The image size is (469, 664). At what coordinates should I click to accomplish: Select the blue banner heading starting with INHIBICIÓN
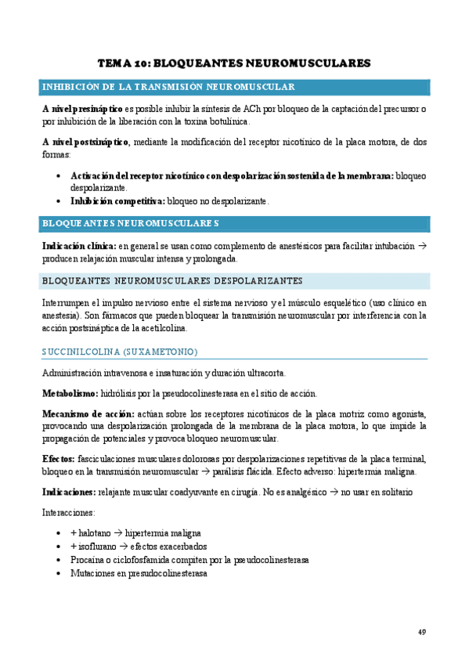[x=168, y=86]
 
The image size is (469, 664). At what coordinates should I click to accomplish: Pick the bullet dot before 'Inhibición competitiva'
[x=60, y=201]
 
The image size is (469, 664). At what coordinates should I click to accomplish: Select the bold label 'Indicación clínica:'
[x=78, y=246]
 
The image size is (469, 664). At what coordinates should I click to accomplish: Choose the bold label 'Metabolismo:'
[x=70, y=393]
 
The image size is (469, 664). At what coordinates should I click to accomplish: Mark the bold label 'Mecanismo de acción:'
[x=88, y=413]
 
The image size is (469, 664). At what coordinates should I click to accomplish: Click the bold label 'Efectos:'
[x=58, y=458]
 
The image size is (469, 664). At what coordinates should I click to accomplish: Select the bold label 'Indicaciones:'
[x=69, y=491]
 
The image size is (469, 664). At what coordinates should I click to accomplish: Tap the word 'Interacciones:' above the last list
[x=69, y=512]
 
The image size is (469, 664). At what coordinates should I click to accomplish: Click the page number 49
[x=422, y=632]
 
